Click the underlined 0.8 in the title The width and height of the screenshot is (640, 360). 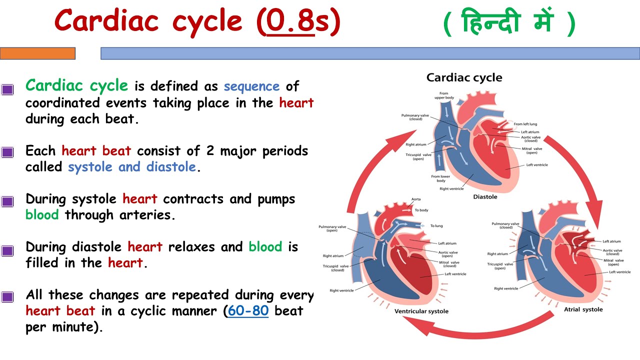pyautogui.click(x=290, y=22)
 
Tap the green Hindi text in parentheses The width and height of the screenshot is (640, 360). pyautogui.click(x=509, y=23)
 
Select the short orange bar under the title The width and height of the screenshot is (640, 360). pyautogui.click(x=37, y=53)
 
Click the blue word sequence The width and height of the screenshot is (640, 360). pyautogui.click(x=251, y=86)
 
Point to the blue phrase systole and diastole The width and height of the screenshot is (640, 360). pyautogui.click(x=132, y=167)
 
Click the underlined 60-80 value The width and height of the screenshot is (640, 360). pyautogui.click(x=248, y=310)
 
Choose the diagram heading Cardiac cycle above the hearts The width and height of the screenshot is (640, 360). pyautogui.click(x=464, y=77)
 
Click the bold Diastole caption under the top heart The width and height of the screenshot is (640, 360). pyautogui.click(x=485, y=197)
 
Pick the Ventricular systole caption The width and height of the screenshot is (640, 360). pyautogui.click(x=421, y=311)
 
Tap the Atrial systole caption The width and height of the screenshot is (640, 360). pyautogui.click(x=583, y=309)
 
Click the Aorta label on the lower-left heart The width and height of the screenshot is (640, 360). pyautogui.click(x=415, y=199)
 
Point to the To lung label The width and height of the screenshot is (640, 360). pyautogui.click(x=436, y=225)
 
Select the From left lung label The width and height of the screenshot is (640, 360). pyautogui.click(x=525, y=124)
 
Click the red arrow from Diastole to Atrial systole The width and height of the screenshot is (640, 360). pyautogui.click(x=580, y=170)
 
